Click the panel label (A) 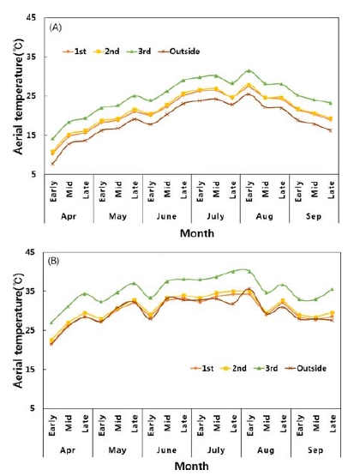pyautogui.click(x=57, y=27)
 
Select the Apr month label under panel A pyautogui.click(x=67, y=218)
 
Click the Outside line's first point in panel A pyautogui.click(x=53, y=164)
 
